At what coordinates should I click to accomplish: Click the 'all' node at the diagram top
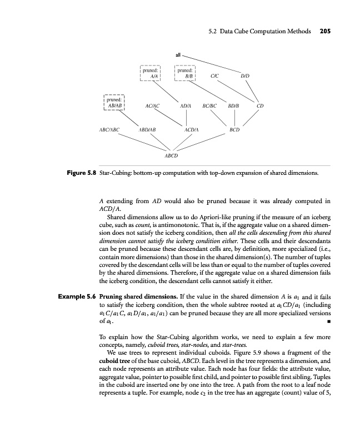click(178, 55)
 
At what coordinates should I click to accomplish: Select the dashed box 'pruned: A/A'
click(151, 74)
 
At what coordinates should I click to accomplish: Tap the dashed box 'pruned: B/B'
click(186, 74)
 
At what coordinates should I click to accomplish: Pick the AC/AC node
click(152, 105)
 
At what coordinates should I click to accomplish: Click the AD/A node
click(186, 105)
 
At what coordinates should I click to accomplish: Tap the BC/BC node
click(210, 105)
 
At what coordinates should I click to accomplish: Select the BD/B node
click(234, 105)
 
